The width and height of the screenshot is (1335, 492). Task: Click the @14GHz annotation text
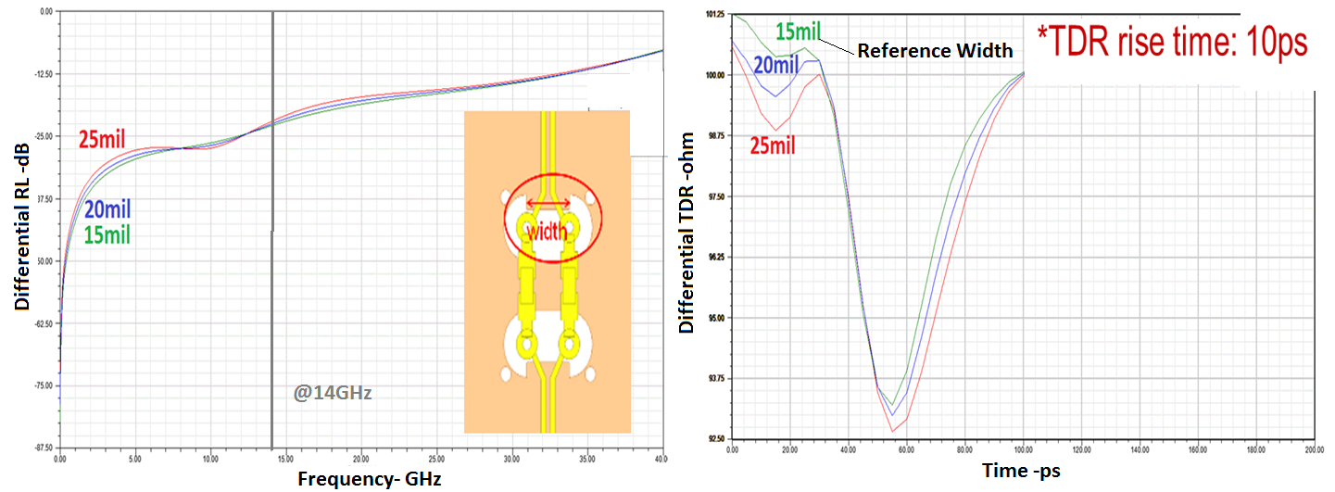[x=333, y=393]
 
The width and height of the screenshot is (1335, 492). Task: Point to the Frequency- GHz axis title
[x=369, y=479]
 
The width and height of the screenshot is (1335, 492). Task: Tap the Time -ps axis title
[x=1021, y=471]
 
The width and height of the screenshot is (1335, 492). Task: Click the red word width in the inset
[x=548, y=229]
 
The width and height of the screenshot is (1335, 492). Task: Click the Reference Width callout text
[x=935, y=51]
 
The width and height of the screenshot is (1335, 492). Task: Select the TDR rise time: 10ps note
[x=1171, y=41]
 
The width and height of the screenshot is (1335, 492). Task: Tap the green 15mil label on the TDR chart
[x=798, y=32]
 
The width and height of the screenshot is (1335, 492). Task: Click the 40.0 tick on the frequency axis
[x=660, y=460]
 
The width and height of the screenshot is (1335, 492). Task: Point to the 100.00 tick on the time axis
[x=1023, y=449]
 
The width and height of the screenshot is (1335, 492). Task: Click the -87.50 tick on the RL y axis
[x=43, y=448]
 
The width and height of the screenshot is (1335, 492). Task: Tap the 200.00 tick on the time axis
[x=1313, y=449]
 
